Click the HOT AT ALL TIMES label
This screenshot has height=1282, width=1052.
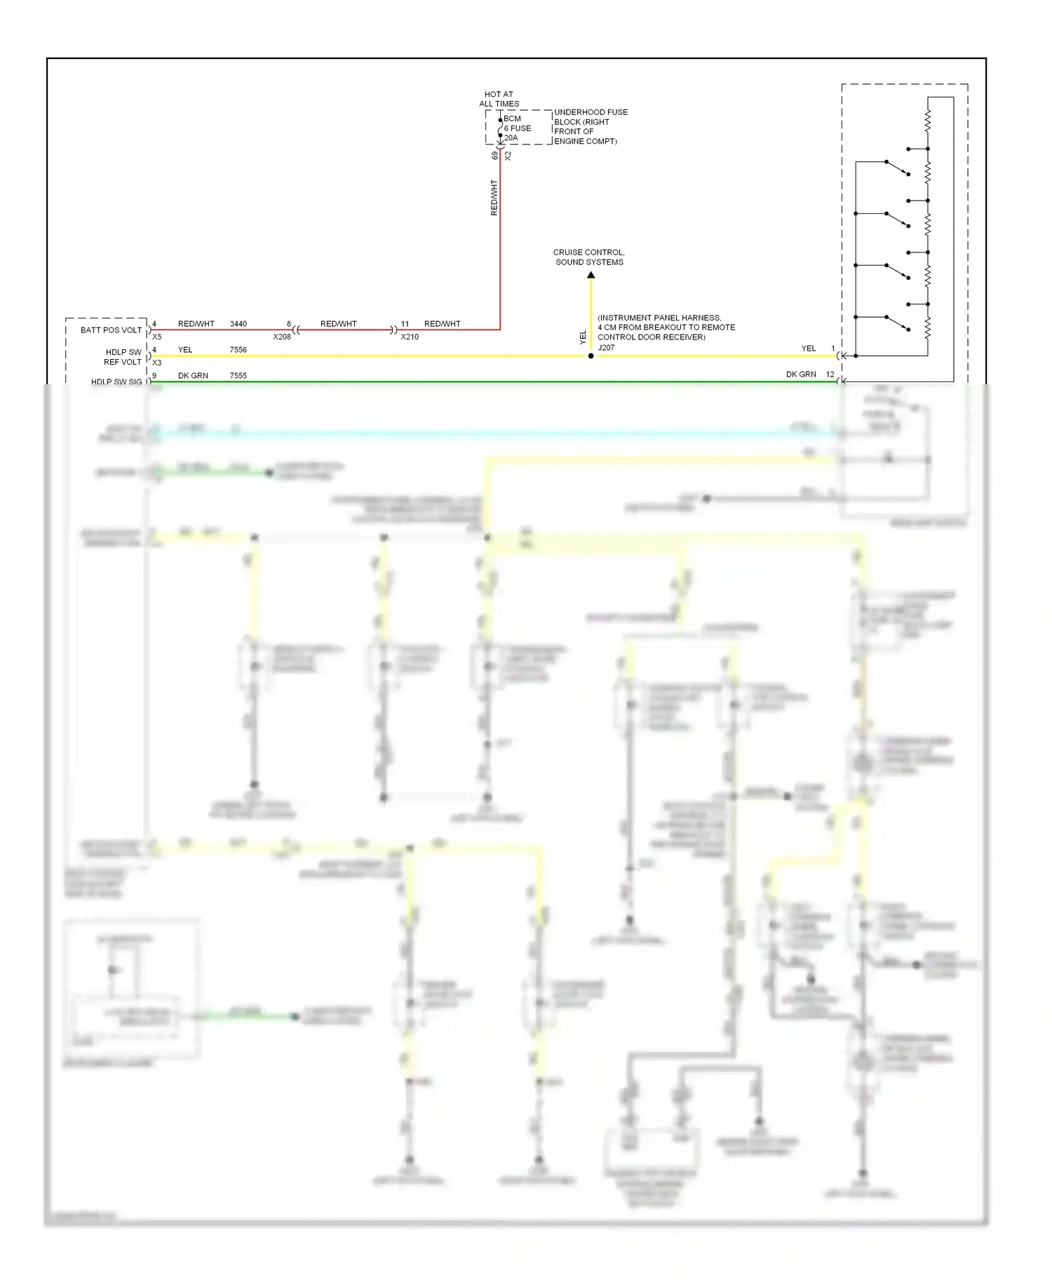[499, 99]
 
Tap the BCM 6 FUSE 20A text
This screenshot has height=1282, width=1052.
[517, 128]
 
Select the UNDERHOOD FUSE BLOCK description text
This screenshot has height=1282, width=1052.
[590, 127]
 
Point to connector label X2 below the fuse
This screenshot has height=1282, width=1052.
[508, 156]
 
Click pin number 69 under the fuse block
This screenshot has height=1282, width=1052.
[494, 156]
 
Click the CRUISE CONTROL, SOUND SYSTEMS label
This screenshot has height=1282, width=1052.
[589, 257]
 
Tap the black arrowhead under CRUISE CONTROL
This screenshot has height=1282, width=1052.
[591, 275]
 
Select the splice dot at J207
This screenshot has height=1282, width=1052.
[591, 356]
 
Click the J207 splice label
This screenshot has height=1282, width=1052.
[606, 348]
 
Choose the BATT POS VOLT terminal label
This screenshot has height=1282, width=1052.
[111, 330]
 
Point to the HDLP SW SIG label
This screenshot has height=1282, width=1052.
[116, 382]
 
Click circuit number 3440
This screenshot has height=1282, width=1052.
[238, 324]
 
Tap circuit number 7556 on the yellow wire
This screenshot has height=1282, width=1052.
[238, 350]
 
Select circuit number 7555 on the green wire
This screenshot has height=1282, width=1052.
[238, 376]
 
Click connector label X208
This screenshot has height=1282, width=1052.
[282, 337]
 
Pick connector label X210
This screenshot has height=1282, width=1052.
[410, 337]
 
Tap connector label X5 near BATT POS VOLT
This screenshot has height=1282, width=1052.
[157, 337]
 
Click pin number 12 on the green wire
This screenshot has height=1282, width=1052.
[830, 375]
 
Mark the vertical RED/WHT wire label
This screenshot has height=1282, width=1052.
[494, 198]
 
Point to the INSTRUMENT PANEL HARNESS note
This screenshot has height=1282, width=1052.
[666, 328]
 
